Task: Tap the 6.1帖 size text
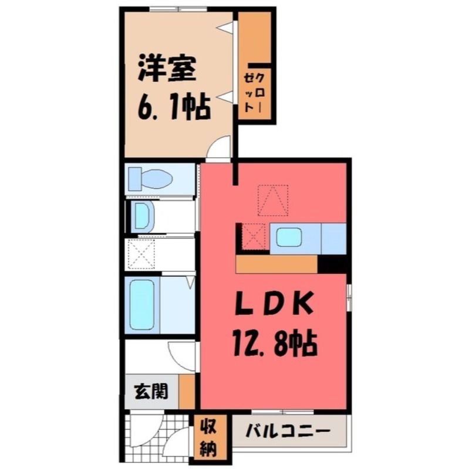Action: click(x=174, y=107)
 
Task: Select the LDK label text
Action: click(x=274, y=303)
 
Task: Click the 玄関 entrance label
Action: click(x=151, y=392)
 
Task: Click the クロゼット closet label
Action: click(x=254, y=93)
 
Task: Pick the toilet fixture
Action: click(x=150, y=179)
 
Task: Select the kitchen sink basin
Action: click(x=288, y=237)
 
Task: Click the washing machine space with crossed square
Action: click(x=141, y=254)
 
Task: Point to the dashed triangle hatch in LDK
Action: click(x=273, y=200)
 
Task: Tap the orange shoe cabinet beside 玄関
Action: click(x=187, y=391)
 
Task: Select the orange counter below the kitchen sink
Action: click(x=276, y=264)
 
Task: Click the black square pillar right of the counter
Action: click(x=332, y=264)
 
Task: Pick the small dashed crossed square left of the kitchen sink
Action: click(x=254, y=236)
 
